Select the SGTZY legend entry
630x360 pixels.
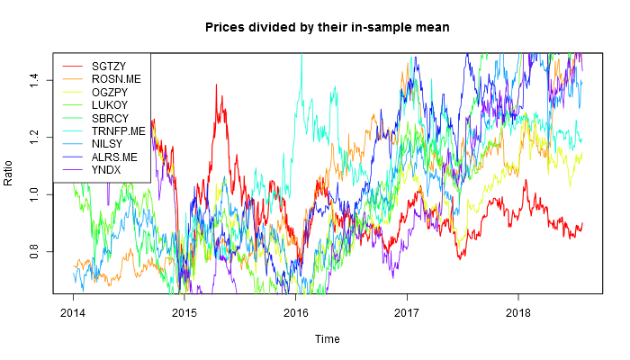(x=107, y=67)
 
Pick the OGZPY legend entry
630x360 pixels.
(x=109, y=92)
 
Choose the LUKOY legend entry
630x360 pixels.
(x=108, y=104)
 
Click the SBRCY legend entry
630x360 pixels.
(x=108, y=118)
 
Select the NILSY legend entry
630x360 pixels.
(x=106, y=143)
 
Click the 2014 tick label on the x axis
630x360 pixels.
(x=75, y=314)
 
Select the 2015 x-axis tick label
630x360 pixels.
(x=184, y=314)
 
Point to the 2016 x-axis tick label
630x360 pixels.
(x=295, y=314)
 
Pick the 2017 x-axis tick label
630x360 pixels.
(x=407, y=314)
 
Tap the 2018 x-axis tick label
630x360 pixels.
(x=517, y=314)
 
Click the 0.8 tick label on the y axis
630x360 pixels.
(x=34, y=251)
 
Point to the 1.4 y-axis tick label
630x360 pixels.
(x=34, y=81)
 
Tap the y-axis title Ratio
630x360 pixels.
(x=9, y=171)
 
